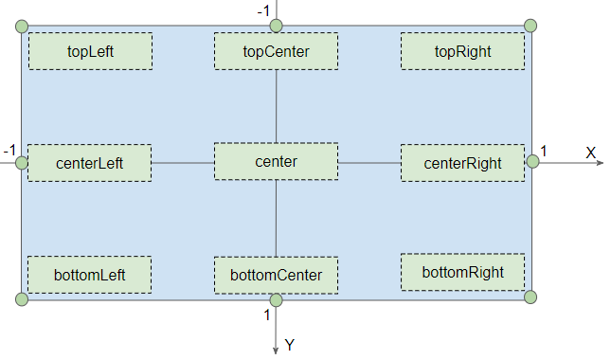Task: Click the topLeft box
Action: [90, 51]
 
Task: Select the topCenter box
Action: [276, 51]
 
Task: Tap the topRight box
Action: [462, 51]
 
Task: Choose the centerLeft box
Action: [90, 163]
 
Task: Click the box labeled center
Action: [276, 162]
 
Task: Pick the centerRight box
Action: [462, 163]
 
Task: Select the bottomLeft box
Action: [90, 275]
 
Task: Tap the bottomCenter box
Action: [276, 276]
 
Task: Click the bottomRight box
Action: [462, 272]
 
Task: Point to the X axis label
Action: [590, 153]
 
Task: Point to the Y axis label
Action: [290, 345]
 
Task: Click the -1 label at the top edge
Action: [263, 10]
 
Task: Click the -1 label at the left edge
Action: [9, 150]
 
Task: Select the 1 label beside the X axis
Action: [544, 150]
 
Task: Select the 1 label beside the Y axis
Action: [266, 315]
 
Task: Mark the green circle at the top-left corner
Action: [22, 27]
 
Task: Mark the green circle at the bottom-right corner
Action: [530, 297]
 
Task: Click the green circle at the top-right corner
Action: [530, 26]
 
